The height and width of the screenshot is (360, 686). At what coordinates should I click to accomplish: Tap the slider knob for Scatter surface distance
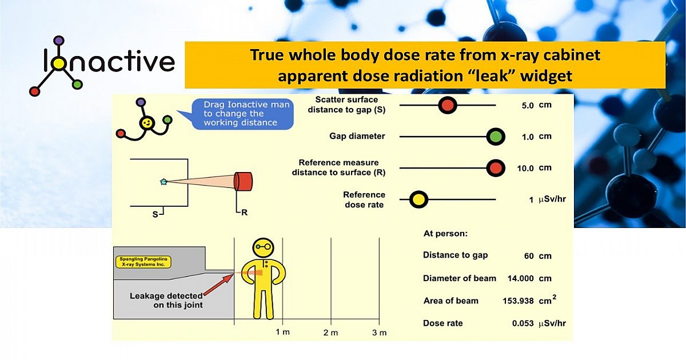point(448,105)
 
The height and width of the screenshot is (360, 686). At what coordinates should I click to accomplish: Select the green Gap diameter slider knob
point(495,137)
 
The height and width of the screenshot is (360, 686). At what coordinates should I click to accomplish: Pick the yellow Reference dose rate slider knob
point(418,199)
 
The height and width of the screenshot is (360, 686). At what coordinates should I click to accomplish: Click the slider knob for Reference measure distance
point(495,168)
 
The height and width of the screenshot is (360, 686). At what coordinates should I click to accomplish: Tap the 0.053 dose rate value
point(523,323)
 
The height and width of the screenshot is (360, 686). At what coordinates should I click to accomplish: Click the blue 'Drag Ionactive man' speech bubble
point(240,114)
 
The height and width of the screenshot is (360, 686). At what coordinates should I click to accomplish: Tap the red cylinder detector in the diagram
point(243,181)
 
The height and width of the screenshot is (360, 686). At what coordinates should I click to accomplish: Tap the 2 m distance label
point(330,333)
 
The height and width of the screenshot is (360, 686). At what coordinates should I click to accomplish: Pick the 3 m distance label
point(379,333)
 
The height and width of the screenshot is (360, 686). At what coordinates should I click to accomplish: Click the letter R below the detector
point(244,213)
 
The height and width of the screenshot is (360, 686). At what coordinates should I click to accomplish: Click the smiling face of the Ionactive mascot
point(147,123)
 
